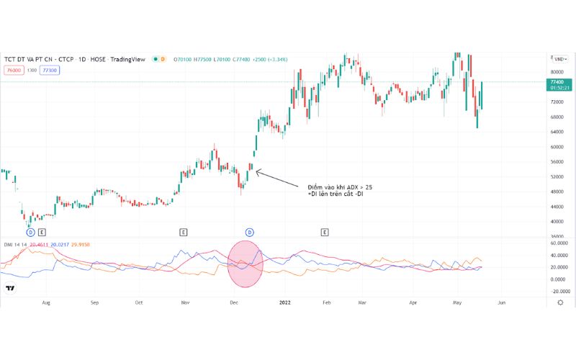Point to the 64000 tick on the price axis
point(556,132)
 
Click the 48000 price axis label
point(556,192)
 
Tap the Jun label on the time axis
point(501,303)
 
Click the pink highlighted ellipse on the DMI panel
point(246,264)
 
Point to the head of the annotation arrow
point(257,170)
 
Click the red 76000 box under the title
point(13,70)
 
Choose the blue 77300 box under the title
point(50,70)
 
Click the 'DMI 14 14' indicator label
point(16,244)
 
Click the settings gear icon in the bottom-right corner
point(560,303)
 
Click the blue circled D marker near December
point(250,232)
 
